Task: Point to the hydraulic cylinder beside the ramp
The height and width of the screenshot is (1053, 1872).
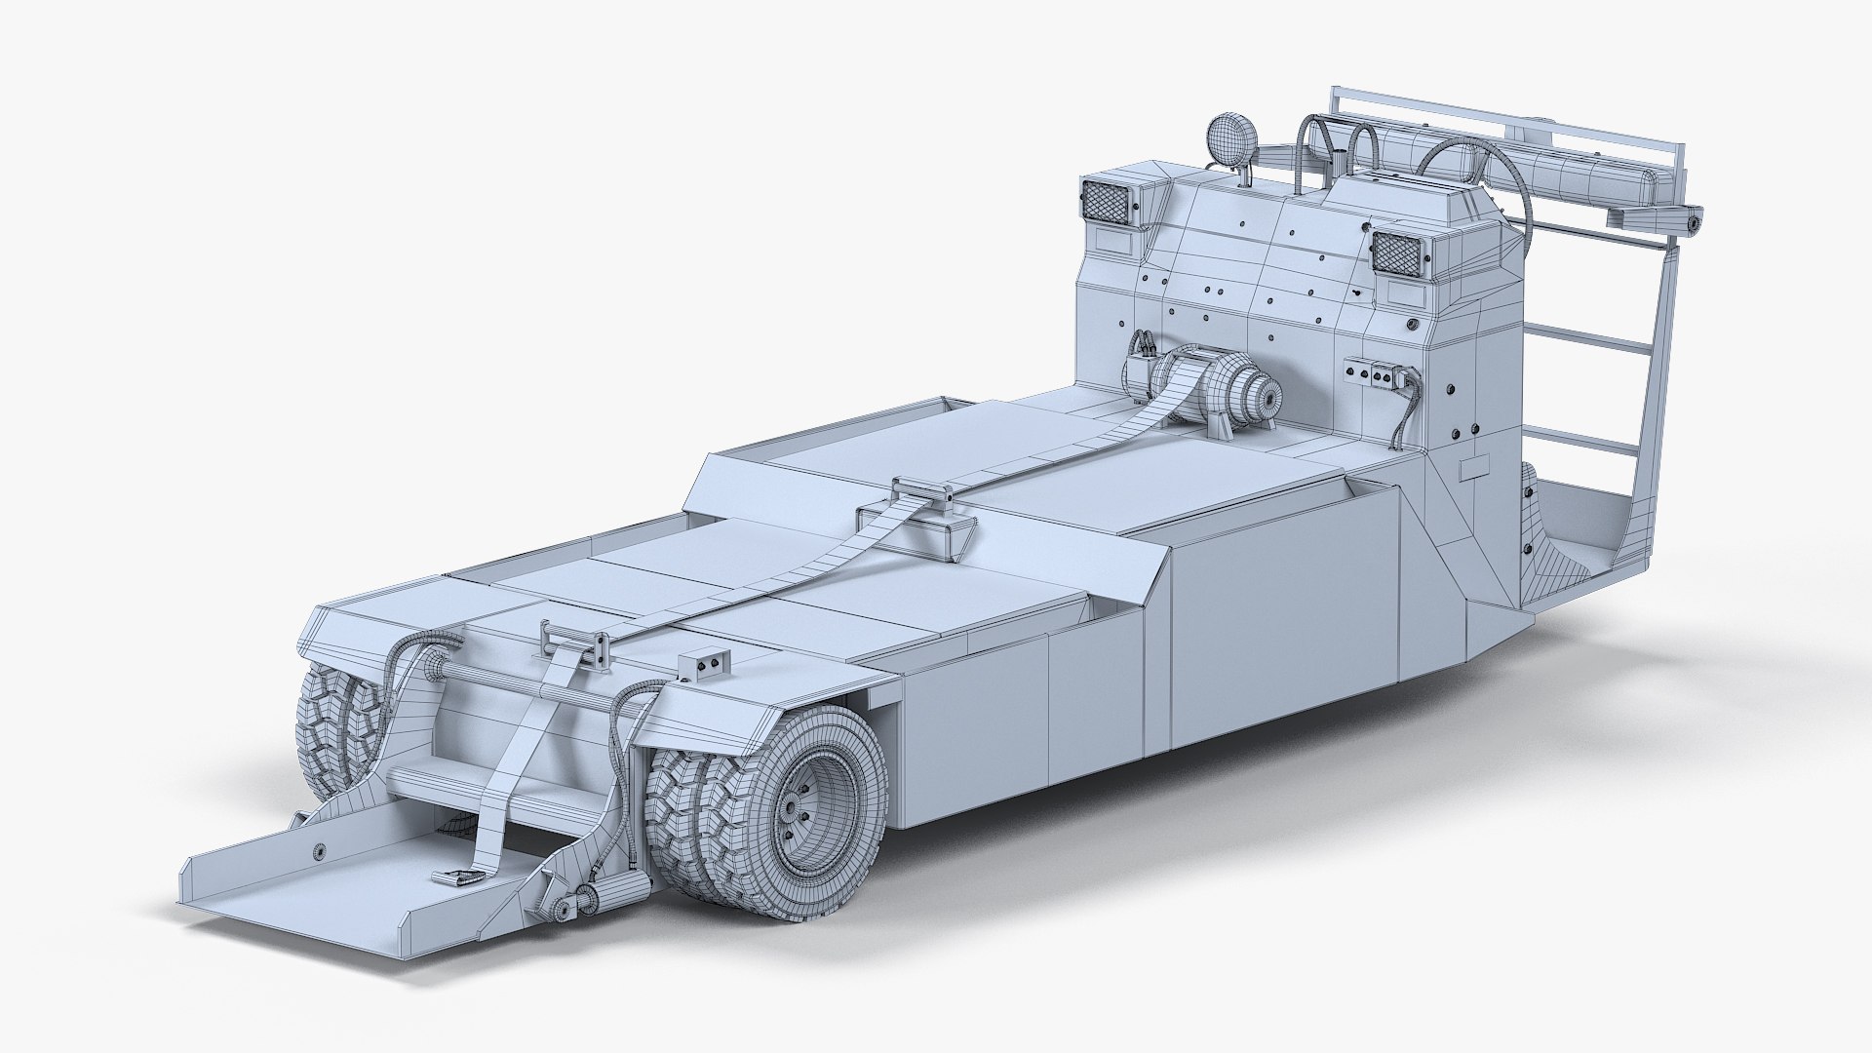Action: point(612,892)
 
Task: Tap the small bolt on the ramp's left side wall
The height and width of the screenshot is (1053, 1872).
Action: point(319,850)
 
